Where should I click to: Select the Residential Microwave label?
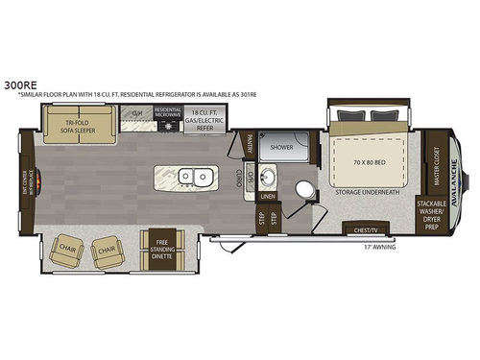click(168, 114)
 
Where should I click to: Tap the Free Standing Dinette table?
click(159, 249)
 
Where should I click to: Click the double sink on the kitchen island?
click(202, 178)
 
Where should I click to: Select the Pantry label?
click(247, 143)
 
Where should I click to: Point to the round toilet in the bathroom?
click(304, 190)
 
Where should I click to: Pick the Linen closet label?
click(267, 198)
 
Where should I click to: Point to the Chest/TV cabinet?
click(364, 230)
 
